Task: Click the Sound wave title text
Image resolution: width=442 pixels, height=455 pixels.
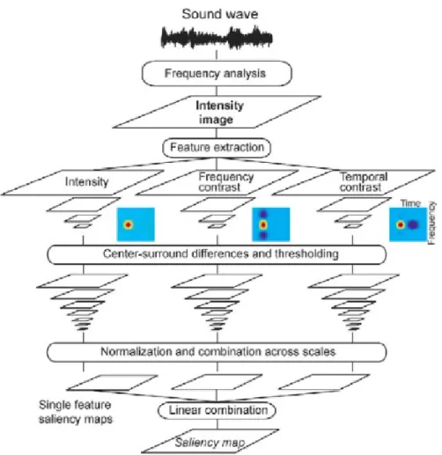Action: pos(220,14)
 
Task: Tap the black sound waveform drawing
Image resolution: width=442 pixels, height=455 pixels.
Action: pos(217,38)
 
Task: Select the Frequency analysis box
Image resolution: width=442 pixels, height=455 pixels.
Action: pos(217,73)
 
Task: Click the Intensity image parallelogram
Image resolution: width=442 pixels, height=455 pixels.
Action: pos(217,112)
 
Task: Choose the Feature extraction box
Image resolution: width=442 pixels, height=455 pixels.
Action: pos(217,147)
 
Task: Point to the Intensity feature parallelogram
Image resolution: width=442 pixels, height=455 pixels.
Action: pos(83,182)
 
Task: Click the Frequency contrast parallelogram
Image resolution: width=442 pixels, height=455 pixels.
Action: pos(217,182)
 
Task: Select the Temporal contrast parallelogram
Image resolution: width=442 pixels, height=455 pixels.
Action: pos(353,182)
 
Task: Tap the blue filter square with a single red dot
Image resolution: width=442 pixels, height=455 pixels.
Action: pos(136,224)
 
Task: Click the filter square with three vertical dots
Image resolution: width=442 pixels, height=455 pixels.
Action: pos(271,224)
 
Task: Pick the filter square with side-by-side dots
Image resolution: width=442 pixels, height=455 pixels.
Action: pos(408,224)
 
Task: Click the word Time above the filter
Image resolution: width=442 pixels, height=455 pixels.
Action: pos(410,203)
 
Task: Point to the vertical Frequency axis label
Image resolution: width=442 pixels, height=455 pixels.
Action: pos(431,223)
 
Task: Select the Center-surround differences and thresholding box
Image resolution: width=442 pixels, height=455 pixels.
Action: pos(217,254)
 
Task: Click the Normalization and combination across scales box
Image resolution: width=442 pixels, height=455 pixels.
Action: pos(217,352)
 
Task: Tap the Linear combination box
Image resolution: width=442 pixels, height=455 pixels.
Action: pos(217,410)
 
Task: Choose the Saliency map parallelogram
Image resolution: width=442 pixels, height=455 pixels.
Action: pos(210,442)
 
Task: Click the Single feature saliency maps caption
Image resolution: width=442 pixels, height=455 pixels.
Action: pos(76,412)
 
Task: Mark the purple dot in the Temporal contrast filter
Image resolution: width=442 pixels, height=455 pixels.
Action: pos(413,225)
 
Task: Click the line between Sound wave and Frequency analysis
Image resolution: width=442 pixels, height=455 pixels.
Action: pos(217,55)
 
